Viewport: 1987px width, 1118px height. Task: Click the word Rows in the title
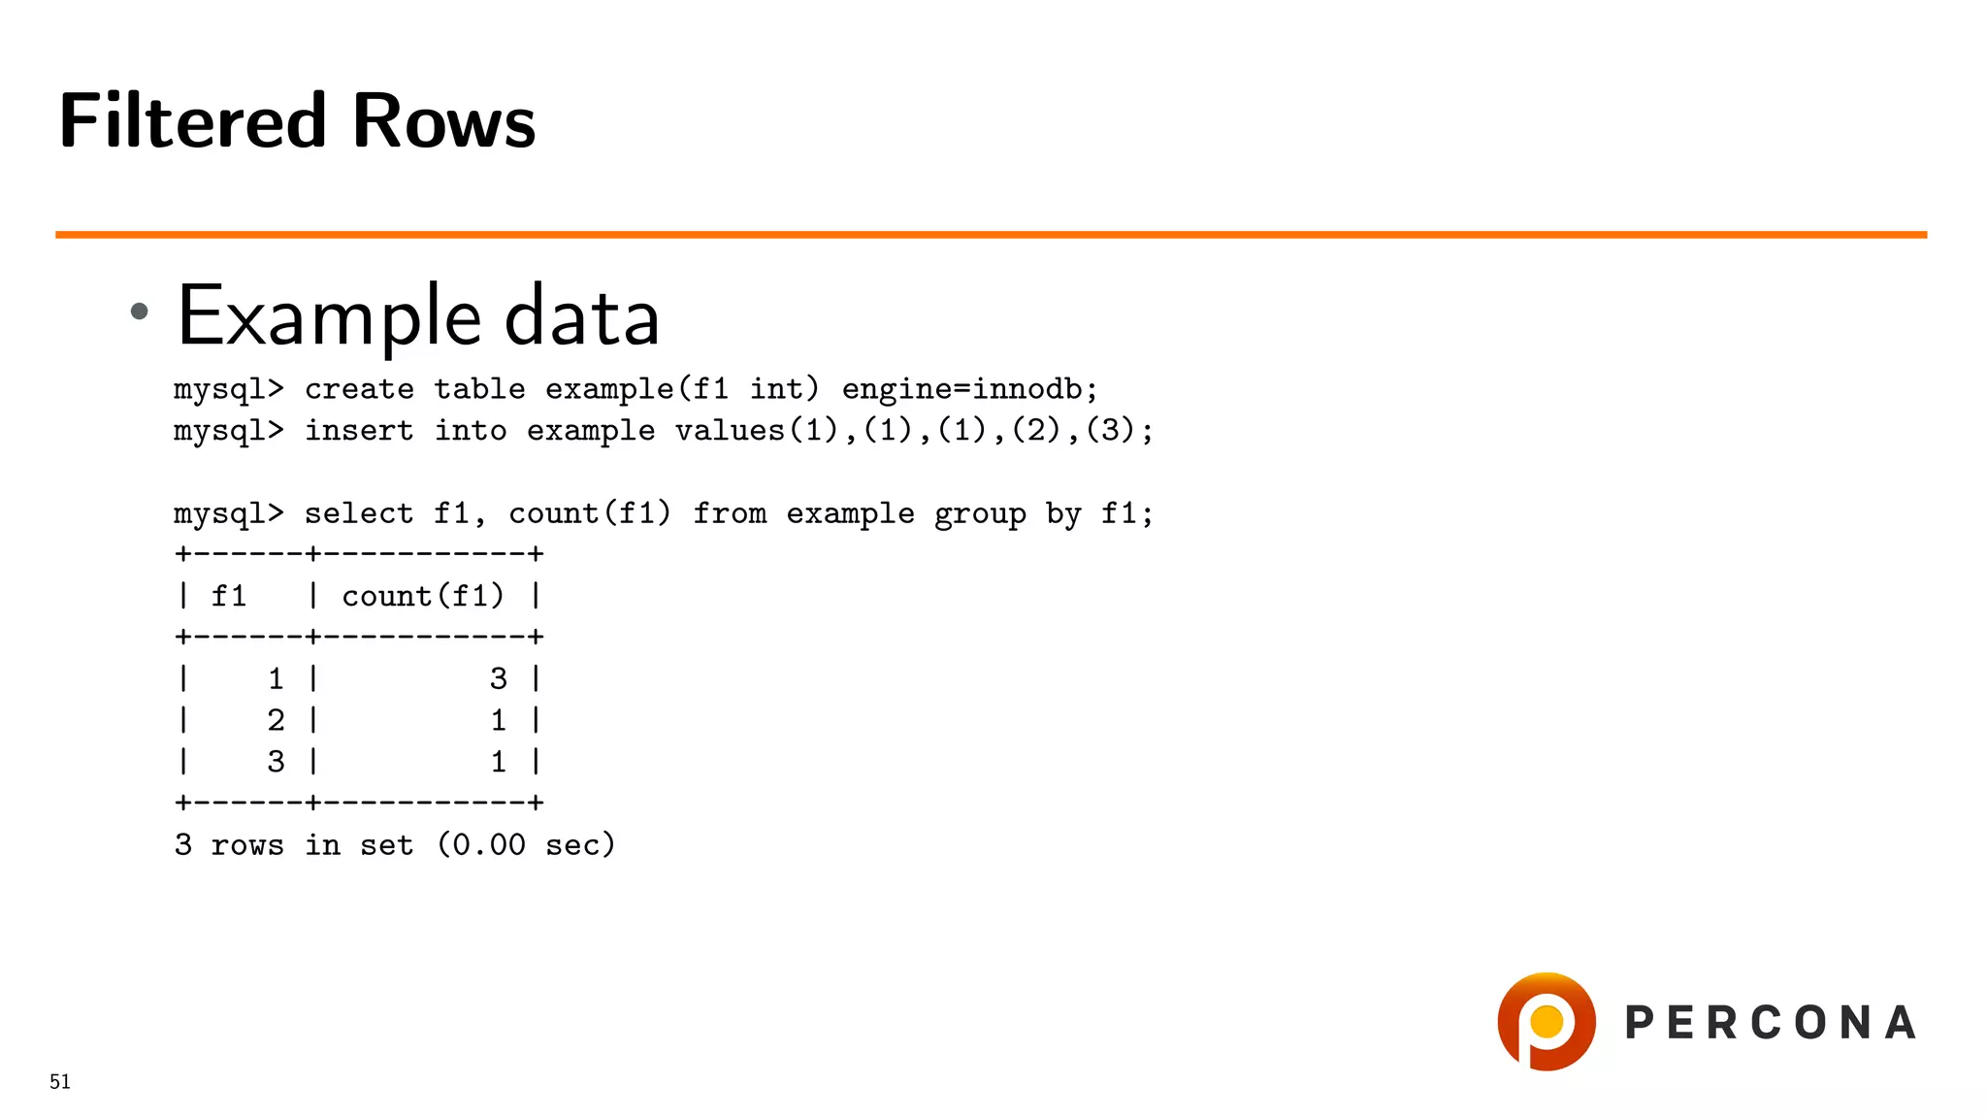point(443,121)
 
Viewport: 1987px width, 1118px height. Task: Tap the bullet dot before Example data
point(140,311)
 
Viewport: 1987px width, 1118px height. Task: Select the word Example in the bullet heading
point(330,316)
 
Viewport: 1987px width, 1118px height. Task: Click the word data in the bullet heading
point(582,316)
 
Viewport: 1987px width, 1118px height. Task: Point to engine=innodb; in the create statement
point(969,389)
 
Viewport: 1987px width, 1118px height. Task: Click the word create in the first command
point(359,389)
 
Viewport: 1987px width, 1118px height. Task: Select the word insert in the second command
point(359,431)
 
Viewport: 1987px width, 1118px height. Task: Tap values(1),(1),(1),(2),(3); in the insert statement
point(914,431)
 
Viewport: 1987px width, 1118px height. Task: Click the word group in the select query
point(979,514)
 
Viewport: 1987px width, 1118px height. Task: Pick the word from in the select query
point(729,514)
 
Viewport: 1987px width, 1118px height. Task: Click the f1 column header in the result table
point(229,596)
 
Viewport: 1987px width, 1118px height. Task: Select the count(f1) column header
point(423,596)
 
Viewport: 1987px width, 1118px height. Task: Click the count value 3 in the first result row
point(499,679)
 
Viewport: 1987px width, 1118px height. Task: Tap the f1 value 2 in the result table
point(277,720)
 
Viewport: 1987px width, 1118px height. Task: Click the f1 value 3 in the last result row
point(277,762)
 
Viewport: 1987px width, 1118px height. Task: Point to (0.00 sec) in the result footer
point(526,845)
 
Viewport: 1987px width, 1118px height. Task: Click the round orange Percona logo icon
point(1546,1022)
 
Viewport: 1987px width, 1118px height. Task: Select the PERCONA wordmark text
point(1771,1023)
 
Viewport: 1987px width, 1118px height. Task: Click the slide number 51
point(60,1082)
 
